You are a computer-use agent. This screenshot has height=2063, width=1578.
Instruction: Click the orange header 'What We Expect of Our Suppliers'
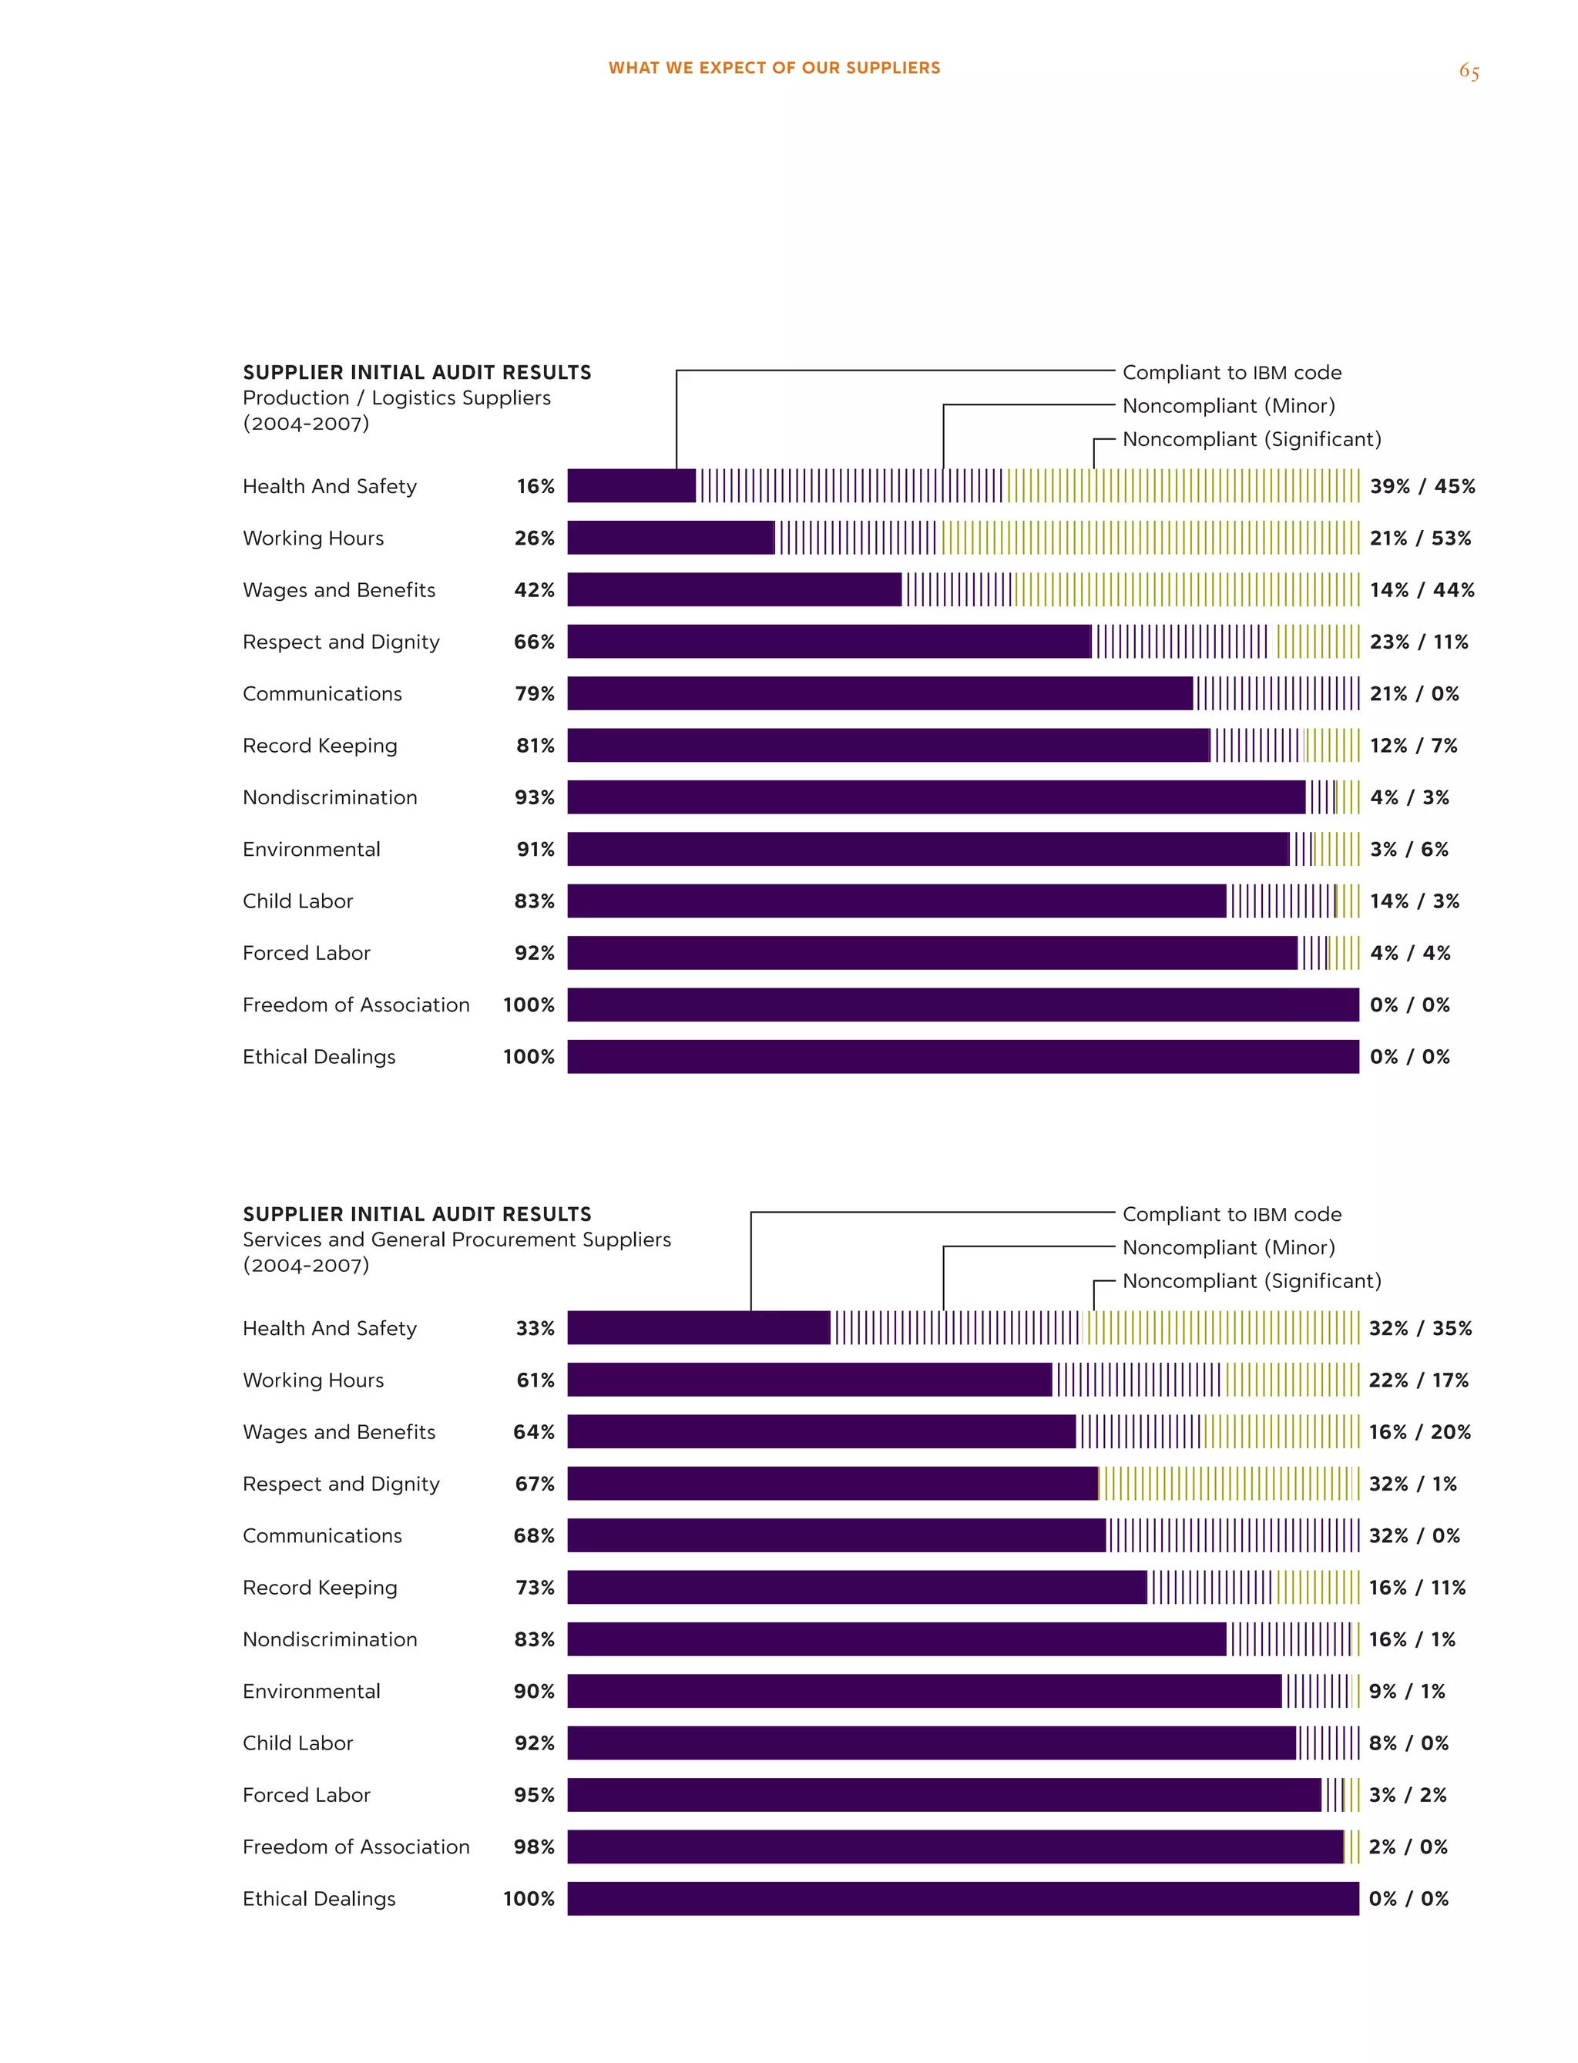(774, 68)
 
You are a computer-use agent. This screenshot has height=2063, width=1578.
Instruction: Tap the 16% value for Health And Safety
(536, 486)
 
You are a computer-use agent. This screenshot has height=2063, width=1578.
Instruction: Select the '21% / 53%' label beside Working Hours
(1420, 538)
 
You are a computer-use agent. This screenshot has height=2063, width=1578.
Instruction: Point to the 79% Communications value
(535, 694)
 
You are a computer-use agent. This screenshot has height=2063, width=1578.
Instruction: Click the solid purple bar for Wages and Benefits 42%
(734, 589)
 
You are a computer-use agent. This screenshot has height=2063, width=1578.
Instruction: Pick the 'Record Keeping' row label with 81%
(321, 746)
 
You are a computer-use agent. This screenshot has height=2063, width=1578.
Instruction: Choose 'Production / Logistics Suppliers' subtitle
(396, 398)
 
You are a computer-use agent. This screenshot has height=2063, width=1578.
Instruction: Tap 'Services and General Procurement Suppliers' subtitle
(456, 1239)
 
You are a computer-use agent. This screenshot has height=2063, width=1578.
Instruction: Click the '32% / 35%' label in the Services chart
(1420, 1329)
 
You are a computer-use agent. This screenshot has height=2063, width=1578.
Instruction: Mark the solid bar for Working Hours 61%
(810, 1380)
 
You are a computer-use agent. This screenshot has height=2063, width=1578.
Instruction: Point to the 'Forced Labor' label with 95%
(306, 1796)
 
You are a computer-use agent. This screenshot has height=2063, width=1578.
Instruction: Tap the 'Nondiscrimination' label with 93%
(330, 797)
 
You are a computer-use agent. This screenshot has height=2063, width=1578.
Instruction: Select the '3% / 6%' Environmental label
(1409, 850)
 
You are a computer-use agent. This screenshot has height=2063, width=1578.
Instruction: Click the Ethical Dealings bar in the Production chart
(963, 1056)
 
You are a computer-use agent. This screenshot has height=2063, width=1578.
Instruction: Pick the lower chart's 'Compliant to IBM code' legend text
(1231, 1214)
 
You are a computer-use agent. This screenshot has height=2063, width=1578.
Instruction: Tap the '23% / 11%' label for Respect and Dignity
(1419, 642)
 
